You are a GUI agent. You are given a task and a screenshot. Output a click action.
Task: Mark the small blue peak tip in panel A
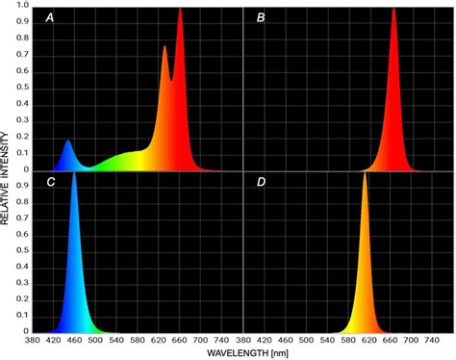pos(68,141)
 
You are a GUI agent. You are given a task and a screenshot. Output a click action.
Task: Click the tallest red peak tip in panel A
pos(180,9)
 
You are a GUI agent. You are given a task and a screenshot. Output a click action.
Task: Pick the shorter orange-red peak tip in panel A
pos(165,46)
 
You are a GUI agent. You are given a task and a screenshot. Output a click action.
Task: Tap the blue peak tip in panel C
pos(74,174)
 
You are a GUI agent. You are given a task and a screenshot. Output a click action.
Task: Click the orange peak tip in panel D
pos(365,174)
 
